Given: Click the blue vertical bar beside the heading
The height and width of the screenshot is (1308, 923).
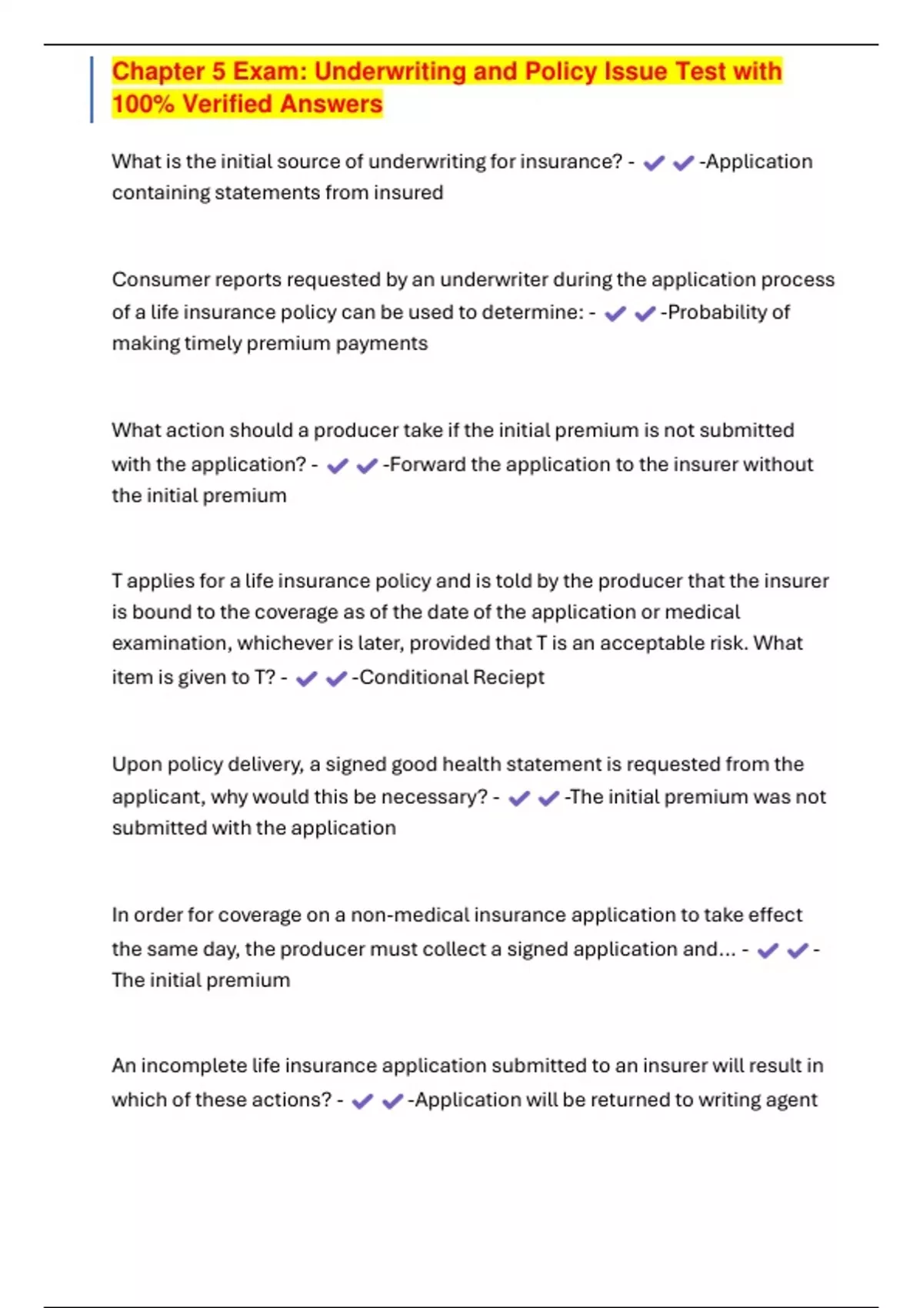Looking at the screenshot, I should (x=92, y=89).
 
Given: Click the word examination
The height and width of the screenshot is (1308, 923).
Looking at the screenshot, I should (x=170, y=643).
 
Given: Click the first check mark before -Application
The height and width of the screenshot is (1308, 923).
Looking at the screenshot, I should (x=654, y=163).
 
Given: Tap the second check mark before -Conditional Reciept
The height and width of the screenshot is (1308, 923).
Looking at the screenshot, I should (x=336, y=679).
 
